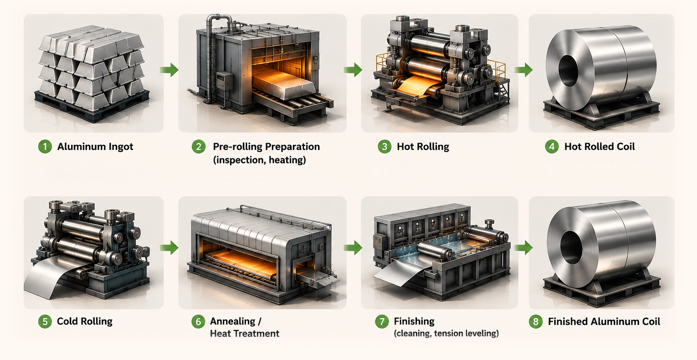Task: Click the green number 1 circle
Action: point(45,147)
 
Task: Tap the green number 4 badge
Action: point(552,147)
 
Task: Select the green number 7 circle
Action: point(382,321)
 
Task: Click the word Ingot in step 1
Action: point(121,147)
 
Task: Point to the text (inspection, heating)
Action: point(260,160)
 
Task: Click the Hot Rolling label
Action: point(423,147)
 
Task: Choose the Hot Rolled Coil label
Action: point(600,147)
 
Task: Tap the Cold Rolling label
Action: point(85,321)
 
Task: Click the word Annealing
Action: point(233,321)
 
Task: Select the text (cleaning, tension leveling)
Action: point(446,334)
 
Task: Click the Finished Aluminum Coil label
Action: point(604,321)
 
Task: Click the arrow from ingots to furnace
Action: point(169,70)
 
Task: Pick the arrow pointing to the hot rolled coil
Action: point(523,70)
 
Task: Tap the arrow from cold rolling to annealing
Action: point(169,248)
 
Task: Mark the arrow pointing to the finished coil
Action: point(523,248)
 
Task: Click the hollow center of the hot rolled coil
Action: point(568,71)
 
